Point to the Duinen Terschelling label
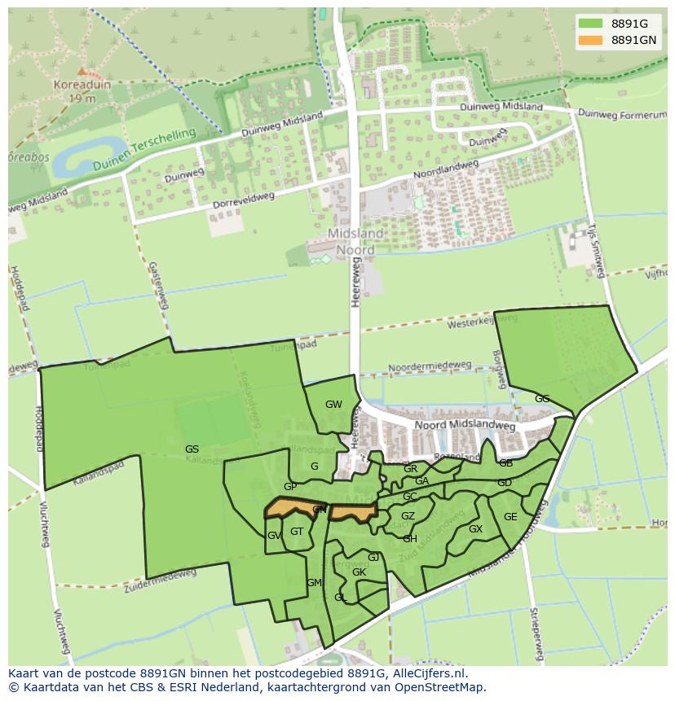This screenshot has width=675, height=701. [x=134, y=148]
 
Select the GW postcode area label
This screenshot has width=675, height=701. [x=333, y=405]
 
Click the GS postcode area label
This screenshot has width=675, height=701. [x=192, y=449]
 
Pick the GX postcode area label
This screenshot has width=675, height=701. [x=475, y=529]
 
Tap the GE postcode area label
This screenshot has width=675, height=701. [x=510, y=517]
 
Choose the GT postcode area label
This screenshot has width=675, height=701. [x=297, y=532]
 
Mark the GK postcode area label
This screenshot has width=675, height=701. [x=359, y=572]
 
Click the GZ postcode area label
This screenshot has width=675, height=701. [x=408, y=516]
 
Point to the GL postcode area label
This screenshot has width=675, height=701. [x=341, y=598]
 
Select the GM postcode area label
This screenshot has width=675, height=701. [x=314, y=582]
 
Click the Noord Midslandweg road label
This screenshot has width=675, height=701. [x=464, y=426]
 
